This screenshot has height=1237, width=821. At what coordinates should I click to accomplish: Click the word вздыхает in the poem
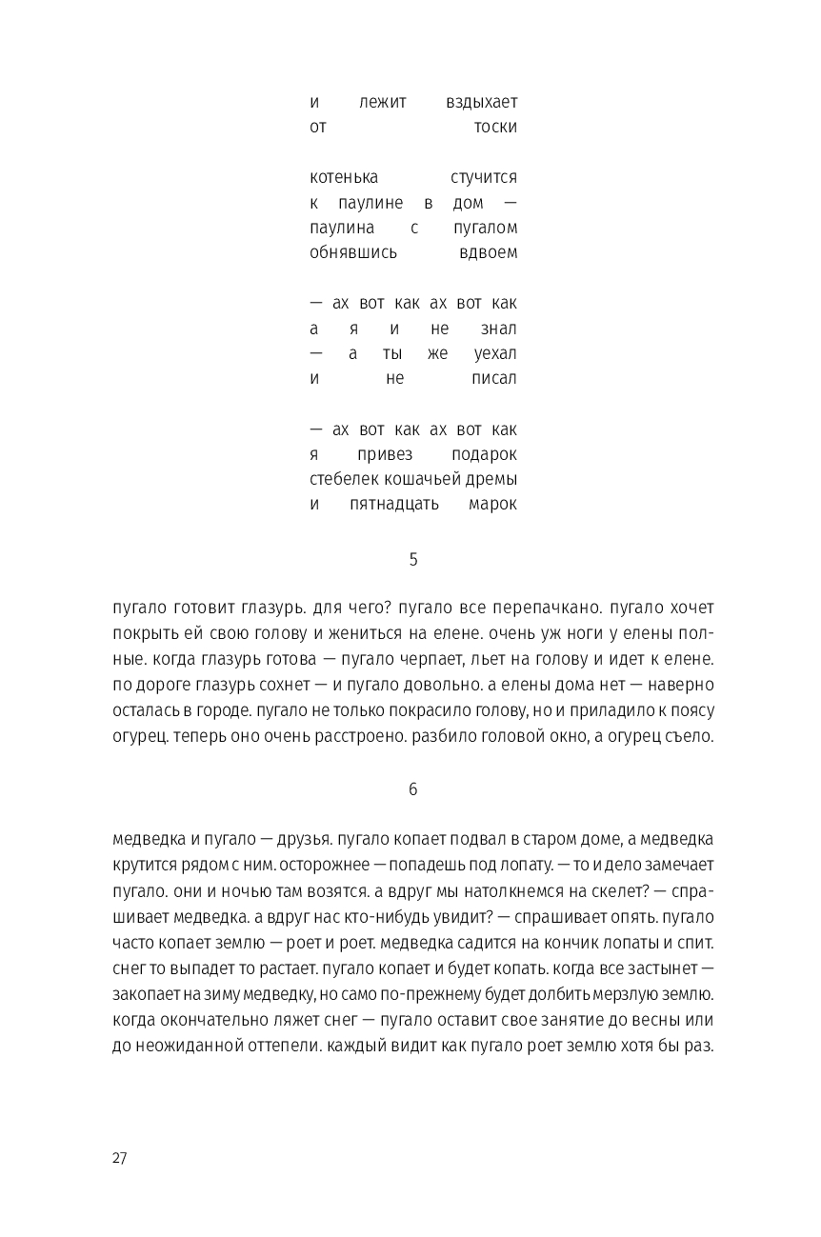482,102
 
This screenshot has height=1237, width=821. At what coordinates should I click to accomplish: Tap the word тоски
495,127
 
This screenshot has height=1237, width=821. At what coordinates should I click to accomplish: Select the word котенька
344,178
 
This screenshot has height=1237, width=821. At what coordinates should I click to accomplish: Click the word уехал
495,353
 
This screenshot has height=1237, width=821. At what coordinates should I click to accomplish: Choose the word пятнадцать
388,504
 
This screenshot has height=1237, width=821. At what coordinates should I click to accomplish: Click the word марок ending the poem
492,504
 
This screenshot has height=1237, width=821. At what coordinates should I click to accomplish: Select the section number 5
413,560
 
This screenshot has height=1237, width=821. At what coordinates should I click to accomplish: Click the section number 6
413,789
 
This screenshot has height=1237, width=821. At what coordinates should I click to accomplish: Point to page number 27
119,1158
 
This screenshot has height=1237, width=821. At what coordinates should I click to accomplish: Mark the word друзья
305,839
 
